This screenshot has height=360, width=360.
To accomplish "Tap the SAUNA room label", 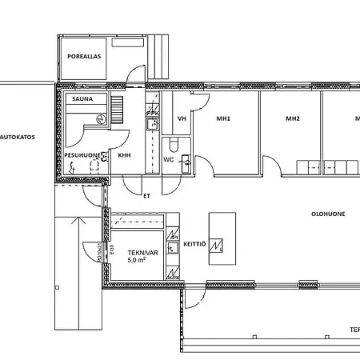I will tap(81, 99).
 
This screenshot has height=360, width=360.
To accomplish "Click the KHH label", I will tap(125, 157).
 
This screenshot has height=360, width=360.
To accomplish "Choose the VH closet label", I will tap(181, 119).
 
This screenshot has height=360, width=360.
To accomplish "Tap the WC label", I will tap(168, 159).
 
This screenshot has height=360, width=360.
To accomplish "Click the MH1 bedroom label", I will tap(223, 119).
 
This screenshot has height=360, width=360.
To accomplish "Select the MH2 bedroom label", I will tap(293, 119).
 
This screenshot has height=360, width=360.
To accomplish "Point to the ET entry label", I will tap(146, 194).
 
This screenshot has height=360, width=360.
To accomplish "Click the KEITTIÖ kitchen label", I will tap(195, 243).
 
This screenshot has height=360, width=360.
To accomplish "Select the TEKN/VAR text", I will tap(142, 252).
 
